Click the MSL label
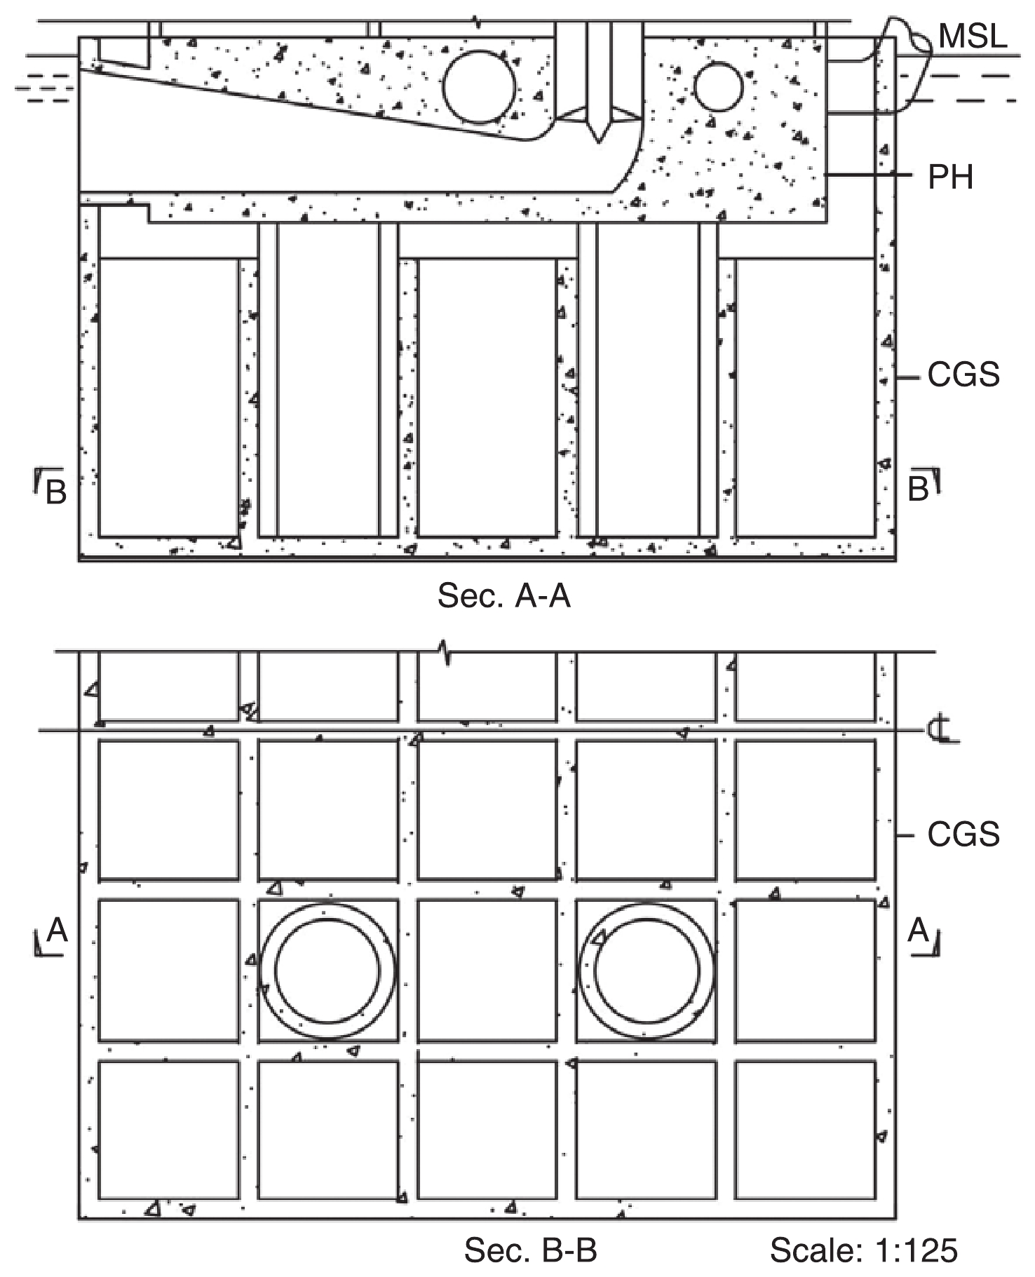[x=972, y=36]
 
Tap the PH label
[x=951, y=177]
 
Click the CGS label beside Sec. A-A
[x=963, y=375]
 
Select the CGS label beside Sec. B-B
[x=963, y=835]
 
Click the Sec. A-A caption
[x=503, y=596]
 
